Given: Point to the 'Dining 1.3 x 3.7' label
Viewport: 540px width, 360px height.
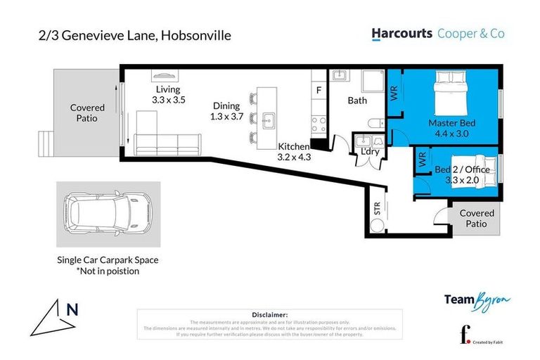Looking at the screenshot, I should (226, 111).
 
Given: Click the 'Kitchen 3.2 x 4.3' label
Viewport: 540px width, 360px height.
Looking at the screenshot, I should (294, 151).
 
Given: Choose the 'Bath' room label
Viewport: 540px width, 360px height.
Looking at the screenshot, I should (357, 101).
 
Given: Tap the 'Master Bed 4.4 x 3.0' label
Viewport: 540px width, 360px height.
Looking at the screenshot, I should (451, 128).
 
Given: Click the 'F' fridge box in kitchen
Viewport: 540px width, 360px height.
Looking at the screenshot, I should (319, 90).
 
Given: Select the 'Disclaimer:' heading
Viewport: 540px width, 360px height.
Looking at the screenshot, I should (269, 315).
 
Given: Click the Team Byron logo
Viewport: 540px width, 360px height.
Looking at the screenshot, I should (477, 300).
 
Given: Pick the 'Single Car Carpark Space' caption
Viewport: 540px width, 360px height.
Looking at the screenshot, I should (108, 259).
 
